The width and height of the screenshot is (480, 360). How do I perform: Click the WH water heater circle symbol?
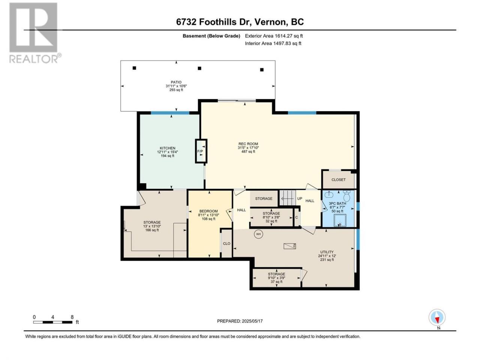[258, 234]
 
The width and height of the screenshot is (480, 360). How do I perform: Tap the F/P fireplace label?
[200, 151]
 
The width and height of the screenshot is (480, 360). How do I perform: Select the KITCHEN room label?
[167, 148]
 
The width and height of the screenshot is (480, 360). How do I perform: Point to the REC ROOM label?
[248, 144]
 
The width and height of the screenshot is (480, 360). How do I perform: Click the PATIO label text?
[176, 82]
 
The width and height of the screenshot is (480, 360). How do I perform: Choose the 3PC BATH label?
[337, 204]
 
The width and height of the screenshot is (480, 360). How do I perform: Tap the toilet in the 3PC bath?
[346, 196]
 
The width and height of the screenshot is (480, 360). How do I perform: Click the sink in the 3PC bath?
[329, 194]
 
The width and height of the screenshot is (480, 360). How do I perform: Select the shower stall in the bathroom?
[340, 220]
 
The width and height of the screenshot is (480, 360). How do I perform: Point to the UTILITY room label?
[327, 252]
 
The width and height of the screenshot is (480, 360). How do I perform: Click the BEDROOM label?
[208, 211]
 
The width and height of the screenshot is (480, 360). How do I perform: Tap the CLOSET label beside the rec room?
[338, 180]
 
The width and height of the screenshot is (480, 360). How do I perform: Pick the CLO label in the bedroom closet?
[226, 243]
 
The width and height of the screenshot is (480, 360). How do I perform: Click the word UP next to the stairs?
[299, 198]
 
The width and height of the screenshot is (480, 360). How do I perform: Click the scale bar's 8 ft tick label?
[72, 317]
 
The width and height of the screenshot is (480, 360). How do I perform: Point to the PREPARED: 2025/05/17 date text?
[240, 321]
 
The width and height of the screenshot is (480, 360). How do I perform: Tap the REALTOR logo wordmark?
[35, 58]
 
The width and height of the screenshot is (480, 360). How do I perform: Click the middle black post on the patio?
[199, 68]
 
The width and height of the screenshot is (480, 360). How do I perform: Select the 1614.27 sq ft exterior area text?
[288, 36]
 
